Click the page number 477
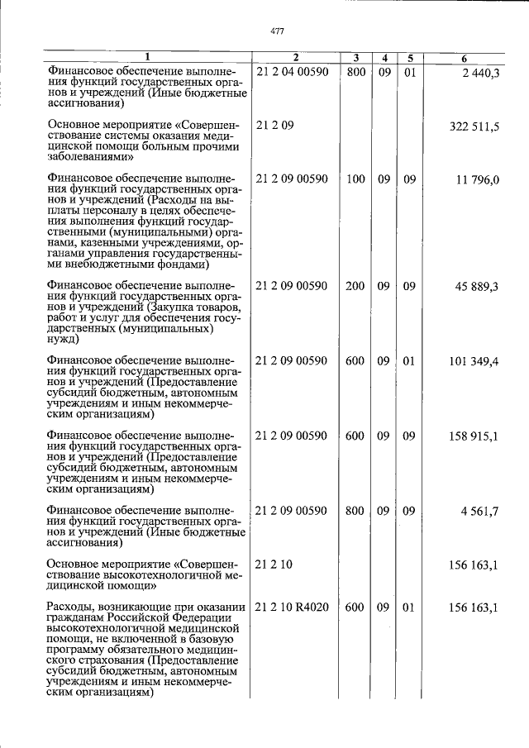click(x=277, y=31)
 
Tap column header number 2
click(x=295, y=58)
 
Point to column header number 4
click(x=384, y=58)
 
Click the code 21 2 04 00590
click(x=293, y=74)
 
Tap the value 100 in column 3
click(x=355, y=179)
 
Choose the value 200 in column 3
click(x=355, y=287)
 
